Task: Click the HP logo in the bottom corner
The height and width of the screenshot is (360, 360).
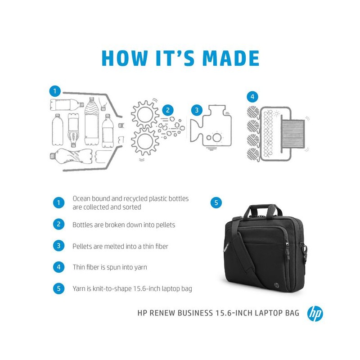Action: pos(315,314)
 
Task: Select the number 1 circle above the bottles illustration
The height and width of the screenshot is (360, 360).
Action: pos(54,91)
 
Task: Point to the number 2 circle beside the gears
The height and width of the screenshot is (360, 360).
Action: pos(167,109)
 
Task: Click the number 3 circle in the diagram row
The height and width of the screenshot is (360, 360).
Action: pos(196,110)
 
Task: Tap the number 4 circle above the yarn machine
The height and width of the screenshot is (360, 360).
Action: pos(252,96)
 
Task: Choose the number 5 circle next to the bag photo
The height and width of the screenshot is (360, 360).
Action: pos(216,203)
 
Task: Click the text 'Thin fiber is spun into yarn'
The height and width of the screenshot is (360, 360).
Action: pos(110,267)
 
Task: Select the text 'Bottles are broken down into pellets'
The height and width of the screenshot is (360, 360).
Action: pos(124,224)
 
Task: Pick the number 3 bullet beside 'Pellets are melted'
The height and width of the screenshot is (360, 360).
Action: pos(58,246)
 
